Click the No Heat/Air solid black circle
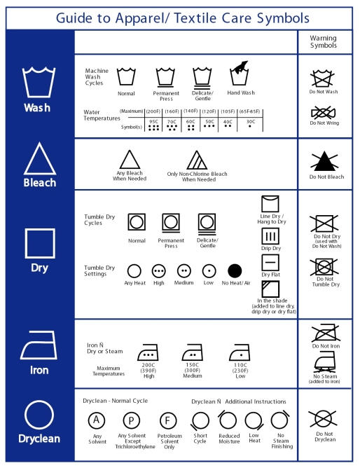point(235,270)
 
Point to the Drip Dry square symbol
point(270,236)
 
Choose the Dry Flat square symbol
point(270,262)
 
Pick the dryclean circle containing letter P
point(131,420)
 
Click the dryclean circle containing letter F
point(168,420)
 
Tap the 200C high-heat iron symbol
point(148,352)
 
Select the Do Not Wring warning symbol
point(324,113)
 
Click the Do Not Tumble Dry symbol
point(324,266)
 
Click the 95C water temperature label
point(153,122)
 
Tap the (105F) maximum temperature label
point(228,111)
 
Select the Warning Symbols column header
point(324,42)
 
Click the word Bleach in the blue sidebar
point(40,183)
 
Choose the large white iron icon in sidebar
point(39,345)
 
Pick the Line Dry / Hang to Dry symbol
point(270,204)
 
